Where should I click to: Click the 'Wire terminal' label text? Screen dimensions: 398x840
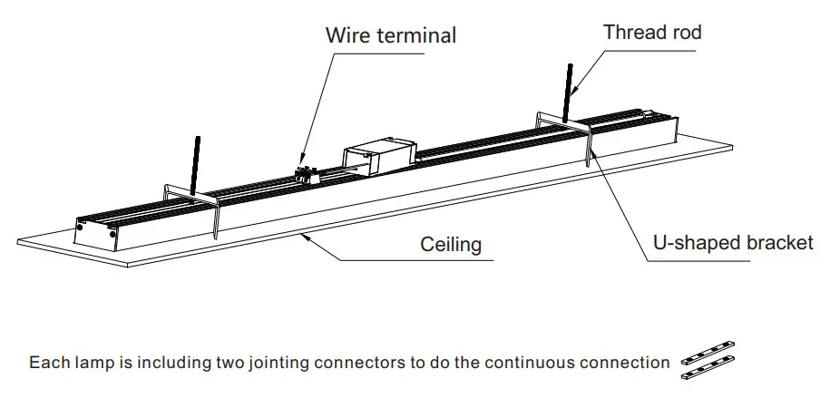391,36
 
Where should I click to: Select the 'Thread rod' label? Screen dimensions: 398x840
652,33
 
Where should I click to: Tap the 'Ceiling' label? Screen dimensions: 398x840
450,245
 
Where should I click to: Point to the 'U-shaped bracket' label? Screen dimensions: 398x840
733,242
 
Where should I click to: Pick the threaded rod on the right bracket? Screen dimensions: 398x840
570,92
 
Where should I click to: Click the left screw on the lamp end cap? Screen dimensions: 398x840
83,228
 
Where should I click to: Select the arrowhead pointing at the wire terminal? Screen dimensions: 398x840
301,162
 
